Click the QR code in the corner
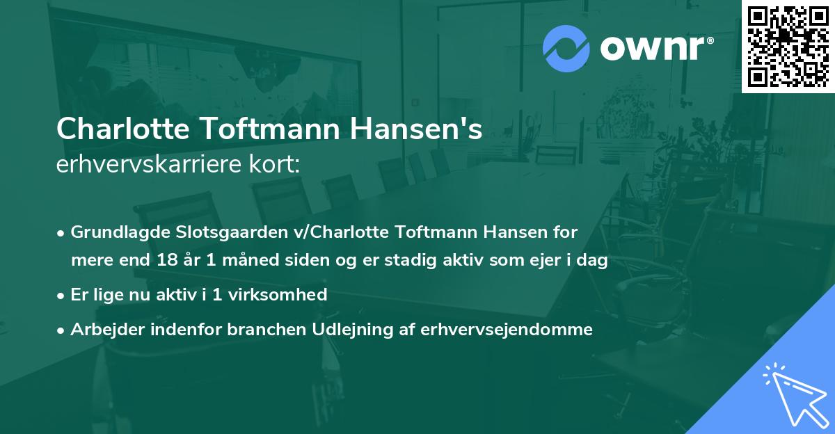point(788,46)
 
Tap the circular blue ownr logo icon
point(566,49)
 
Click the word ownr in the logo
point(653,49)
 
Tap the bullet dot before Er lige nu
point(61,296)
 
